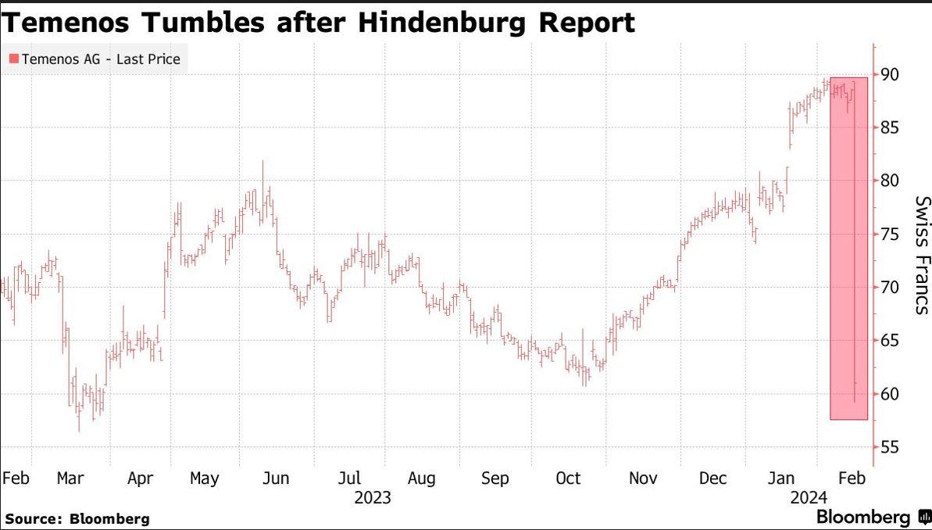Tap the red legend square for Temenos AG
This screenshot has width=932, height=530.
[13, 59]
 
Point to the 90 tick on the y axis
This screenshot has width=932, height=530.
[889, 74]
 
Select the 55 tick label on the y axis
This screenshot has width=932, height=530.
[889, 447]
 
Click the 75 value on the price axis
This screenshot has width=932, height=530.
[889, 234]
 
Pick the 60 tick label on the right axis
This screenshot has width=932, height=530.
[889, 394]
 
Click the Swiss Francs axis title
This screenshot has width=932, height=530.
[923, 255]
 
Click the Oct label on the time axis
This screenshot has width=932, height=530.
[568, 478]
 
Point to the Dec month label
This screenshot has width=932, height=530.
[713, 478]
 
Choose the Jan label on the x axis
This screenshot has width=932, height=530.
[783, 478]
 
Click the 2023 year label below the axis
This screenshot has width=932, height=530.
[373, 497]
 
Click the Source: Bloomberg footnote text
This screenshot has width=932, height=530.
[77, 518]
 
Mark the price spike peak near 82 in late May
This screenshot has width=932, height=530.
[263, 162]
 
